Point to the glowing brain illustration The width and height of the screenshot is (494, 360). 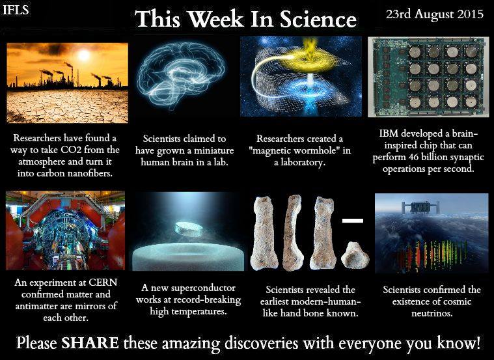[x=182, y=72]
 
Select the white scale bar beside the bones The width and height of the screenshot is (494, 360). [x=352, y=221]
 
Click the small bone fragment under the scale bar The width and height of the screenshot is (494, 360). [x=354, y=255]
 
